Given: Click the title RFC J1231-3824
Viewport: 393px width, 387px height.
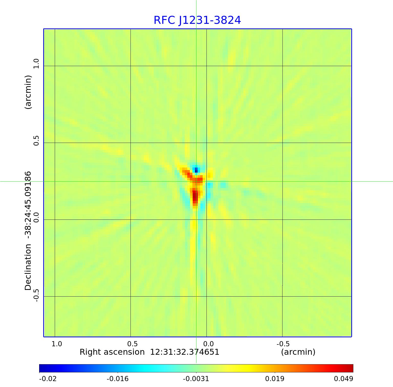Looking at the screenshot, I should click(197, 20).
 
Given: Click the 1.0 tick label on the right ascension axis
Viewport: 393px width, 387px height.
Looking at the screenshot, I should click(57, 344).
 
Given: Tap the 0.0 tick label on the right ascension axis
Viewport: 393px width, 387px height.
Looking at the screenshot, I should click(208, 344).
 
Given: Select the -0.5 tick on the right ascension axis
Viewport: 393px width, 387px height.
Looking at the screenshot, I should click(283, 344).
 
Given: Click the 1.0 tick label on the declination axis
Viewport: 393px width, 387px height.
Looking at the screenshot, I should click(36, 64).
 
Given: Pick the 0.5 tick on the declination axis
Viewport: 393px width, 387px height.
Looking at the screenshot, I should click(36, 140).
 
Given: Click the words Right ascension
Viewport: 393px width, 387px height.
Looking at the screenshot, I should click(112, 352).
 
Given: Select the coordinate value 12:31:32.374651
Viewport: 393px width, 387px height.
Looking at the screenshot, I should click(184, 352).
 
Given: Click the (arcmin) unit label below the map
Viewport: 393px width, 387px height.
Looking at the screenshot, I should click(298, 352).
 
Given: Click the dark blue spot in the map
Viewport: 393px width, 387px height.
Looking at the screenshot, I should click(196, 170).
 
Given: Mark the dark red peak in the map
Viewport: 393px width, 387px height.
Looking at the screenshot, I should click(195, 197).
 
